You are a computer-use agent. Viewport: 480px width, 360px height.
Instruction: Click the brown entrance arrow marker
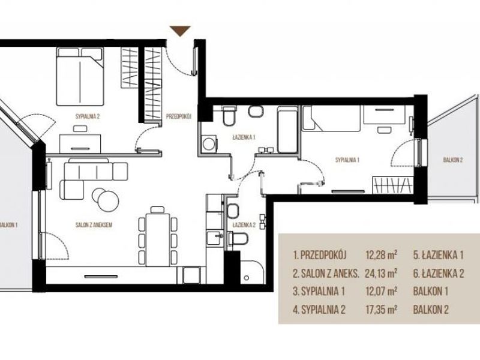(181, 31)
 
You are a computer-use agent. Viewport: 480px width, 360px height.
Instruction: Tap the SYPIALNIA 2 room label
(88, 116)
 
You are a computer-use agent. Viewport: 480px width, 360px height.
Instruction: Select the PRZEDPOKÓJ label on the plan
(179, 116)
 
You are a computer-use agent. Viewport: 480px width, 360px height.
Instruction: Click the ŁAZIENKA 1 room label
(244, 137)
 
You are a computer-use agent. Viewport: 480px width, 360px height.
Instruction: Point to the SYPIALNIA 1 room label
(347, 160)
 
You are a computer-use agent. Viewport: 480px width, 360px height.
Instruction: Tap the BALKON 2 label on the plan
(453, 160)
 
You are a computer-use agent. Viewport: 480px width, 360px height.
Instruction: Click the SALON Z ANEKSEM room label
(94, 225)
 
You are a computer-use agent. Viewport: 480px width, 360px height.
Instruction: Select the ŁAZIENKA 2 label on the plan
(244, 225)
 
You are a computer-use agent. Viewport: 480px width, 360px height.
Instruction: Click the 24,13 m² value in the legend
(381, 273)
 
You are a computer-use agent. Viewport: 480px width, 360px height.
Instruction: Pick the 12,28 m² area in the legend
(382, 254)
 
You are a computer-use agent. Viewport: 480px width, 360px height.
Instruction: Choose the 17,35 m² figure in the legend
(381, 309)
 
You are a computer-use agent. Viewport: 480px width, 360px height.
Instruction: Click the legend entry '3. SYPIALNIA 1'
(319, 291)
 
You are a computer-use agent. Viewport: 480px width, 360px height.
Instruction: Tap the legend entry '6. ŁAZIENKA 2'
(439, 273)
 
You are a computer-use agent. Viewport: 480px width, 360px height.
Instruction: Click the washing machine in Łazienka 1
(209, 143)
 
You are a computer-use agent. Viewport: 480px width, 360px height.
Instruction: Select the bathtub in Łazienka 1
(287, 130)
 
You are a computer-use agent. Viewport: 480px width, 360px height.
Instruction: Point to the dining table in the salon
(158, 239)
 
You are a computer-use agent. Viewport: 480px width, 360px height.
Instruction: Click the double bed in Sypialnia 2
(80, 77)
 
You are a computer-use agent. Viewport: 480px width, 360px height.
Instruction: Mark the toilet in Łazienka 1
(229, 116)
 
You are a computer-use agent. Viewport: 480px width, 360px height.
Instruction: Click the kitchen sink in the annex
(214, 238)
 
